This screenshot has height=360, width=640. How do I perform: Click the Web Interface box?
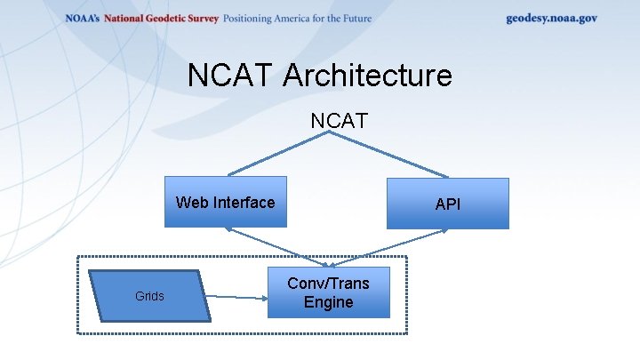[226, 203]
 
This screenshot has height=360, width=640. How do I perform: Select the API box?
[447, 204]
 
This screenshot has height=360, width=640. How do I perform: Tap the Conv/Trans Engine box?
[328, 292]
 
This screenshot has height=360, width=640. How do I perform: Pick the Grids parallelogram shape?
[149, 296]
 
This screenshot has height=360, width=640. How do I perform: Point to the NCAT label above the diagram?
[340, 120]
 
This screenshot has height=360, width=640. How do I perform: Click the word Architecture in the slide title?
[367, 76]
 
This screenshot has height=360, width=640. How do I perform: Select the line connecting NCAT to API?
[391, 153]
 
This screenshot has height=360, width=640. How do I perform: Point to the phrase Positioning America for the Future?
[298, 19]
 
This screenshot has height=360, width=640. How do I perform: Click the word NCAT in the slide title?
[232, 76]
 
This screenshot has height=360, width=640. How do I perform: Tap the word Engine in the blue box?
[328, 302]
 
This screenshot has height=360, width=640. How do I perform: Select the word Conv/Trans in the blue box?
[328, 283]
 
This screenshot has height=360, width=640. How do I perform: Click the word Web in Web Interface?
[191, 203]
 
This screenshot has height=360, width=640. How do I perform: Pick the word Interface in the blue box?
[243, 203]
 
